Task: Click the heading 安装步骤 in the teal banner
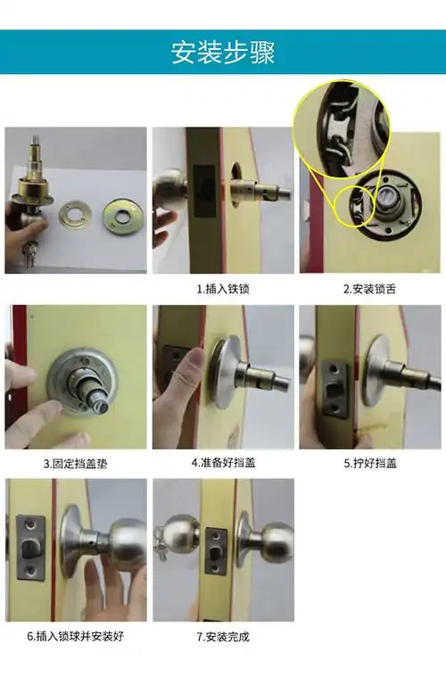click(x=223, y=52)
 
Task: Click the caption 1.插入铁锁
click(x=222, y=289)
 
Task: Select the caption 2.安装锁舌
click(x=369, y=289)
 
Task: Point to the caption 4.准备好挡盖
click(x=222, y=464)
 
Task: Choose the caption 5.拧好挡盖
click(x=369, y=464)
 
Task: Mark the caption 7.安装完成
click(x=222, y=637)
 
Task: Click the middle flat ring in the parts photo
click(x=76, y=215)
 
